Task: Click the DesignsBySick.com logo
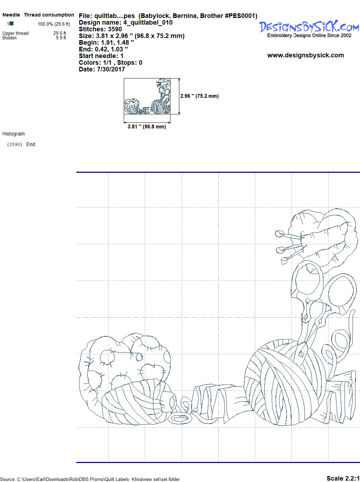tap(309, 29)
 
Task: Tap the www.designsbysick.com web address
tap(306, 55)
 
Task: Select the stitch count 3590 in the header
tap(115, 29)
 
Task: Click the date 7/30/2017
tap(111, 69)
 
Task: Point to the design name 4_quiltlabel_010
tap(148, 23)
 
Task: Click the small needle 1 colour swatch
tap(12, 23)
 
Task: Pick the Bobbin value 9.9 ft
tap(61, 38)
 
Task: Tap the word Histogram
tap(13, 134)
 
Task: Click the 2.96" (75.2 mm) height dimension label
tap(199, 96)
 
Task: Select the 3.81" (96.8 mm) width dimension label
tap(147, 127)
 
